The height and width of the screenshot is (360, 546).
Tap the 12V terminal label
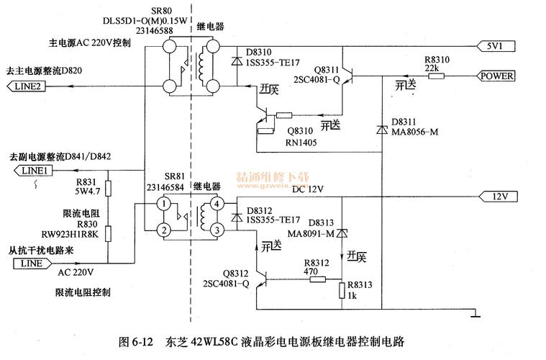[x=501, y=196]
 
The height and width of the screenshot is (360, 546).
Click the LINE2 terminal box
[x=27, y=86]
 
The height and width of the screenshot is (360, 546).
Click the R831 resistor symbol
[x=107, y=189]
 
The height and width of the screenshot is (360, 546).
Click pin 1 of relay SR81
[x=164, y=204]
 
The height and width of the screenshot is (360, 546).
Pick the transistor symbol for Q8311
[x=347, y=74]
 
